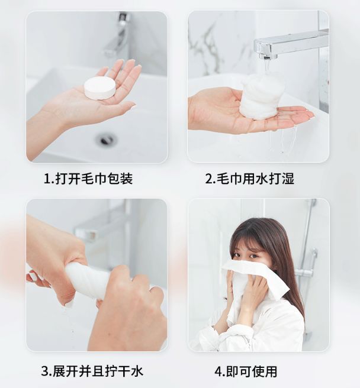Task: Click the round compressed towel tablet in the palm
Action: (x=100, y=88)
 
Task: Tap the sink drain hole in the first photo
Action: (x=106, y=140)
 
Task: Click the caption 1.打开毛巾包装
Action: (x=88, y=179)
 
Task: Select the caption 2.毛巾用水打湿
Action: (x=249, y=179)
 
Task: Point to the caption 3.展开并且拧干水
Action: (x=92, y=371)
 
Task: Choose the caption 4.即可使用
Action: (x=246, y=371)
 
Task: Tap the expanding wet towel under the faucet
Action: (x=259, y=97)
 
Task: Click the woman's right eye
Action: (x=237, y=256)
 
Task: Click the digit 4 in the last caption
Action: (x=218, y=372)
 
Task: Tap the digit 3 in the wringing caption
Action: (x=45, y=372)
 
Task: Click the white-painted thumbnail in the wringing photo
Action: (x=33, y=276)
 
